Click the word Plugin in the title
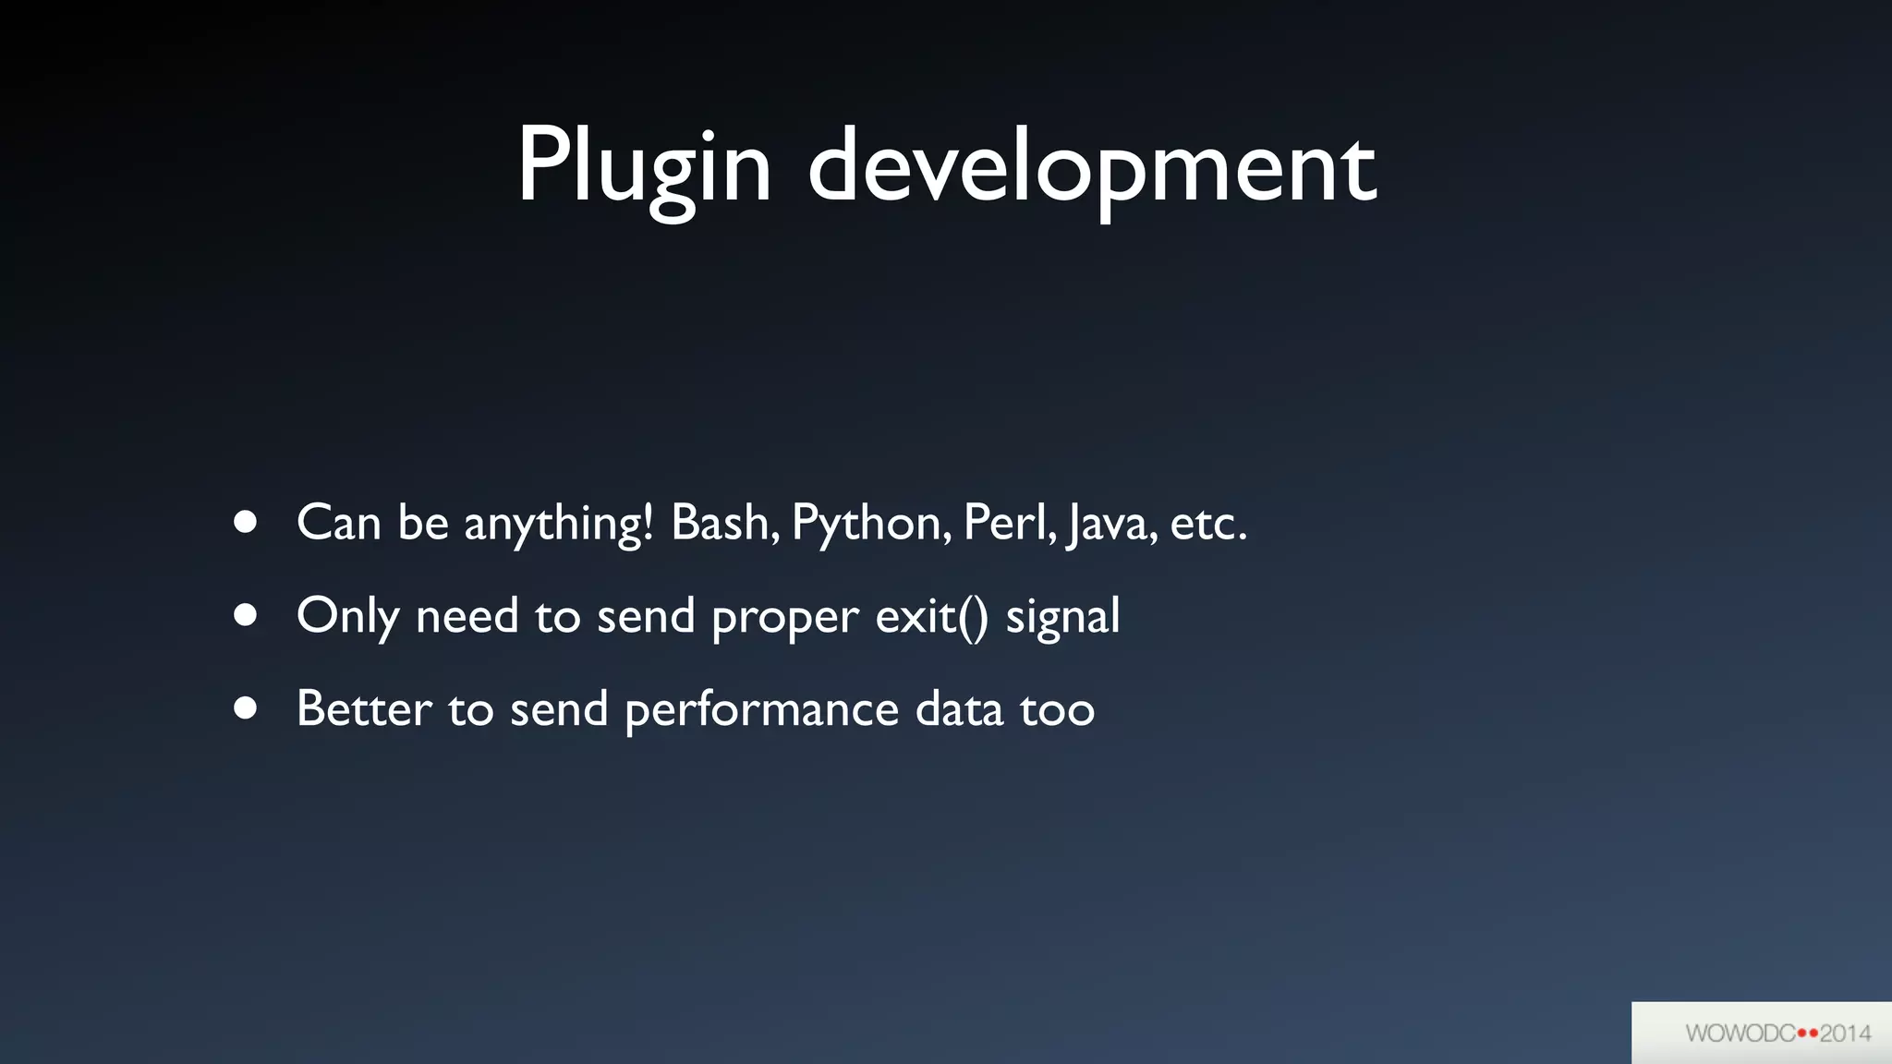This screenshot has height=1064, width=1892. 644,169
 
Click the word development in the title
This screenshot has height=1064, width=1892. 1093,169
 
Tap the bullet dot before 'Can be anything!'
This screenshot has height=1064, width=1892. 245,523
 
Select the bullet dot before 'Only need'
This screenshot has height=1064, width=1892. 245,615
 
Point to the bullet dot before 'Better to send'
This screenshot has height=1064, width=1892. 245,708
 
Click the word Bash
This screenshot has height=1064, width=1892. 725,523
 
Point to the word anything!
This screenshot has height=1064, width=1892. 559,525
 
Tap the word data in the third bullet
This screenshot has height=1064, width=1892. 959,709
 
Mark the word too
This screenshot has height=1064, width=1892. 1057,709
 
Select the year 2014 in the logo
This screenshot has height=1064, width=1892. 1846,1034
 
